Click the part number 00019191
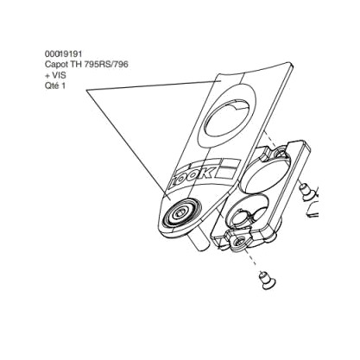63,54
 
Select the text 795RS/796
106,64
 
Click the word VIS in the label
59,75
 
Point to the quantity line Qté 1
55,85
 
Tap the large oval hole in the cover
229,118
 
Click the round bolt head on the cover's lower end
181,213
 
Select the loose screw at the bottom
266,281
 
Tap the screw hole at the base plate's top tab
280,152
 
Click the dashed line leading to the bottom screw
253,261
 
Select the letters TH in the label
76,64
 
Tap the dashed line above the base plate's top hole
270,139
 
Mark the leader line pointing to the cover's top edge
154,85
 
